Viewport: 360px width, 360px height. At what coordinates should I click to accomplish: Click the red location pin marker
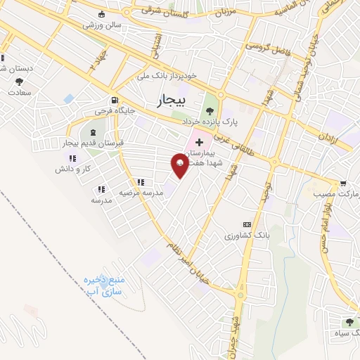(180, 165)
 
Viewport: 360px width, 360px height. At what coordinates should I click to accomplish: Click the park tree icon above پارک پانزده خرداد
(208, 110)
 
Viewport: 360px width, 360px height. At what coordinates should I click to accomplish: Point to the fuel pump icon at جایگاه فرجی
(114, 100)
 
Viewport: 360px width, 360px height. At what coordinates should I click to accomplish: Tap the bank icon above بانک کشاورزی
(245, 224)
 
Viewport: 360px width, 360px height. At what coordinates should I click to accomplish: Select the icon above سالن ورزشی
(103, 15)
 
